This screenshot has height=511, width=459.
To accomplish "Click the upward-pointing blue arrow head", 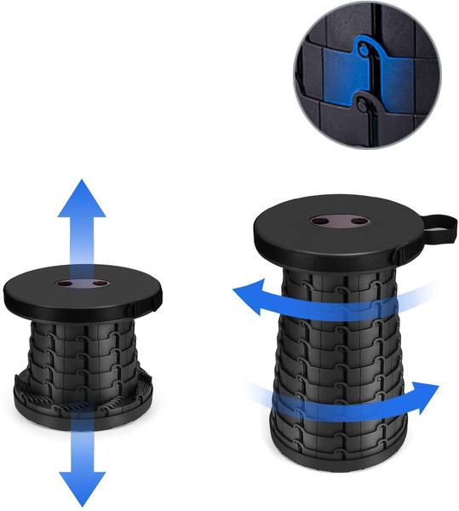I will click(x=82, y=198).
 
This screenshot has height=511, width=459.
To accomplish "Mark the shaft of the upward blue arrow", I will click(x=82, y=247).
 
